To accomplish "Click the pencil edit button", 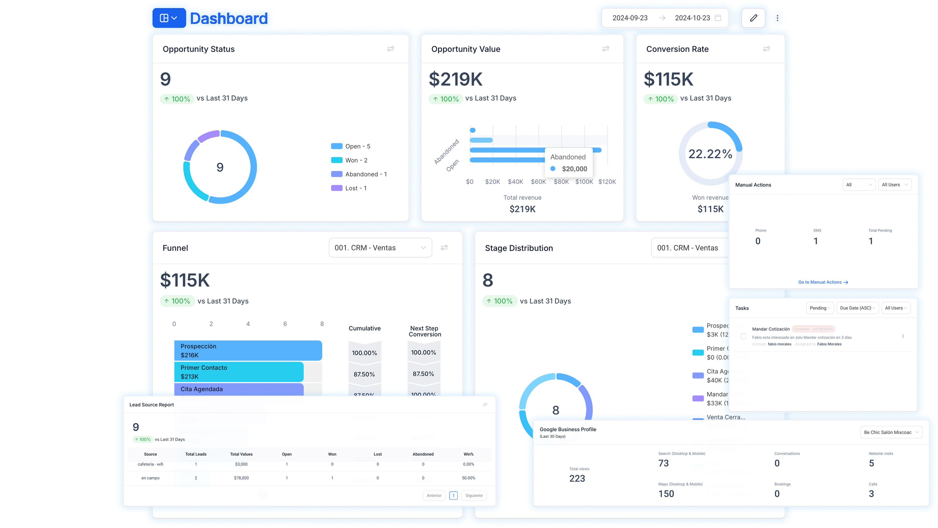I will tap(753, 18).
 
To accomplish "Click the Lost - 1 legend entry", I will tap(355, 188).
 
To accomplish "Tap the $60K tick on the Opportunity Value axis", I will tap(538, 181).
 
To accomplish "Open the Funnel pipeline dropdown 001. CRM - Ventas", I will tap(380, 248).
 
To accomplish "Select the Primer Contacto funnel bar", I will tap(238, 372).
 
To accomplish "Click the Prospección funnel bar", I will tap(248, 350).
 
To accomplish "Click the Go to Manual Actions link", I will tap(822, 282).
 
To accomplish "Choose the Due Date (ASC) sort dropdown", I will tap(857, 308).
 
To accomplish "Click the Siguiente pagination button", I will tap(473, 495).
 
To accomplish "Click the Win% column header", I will tap(468, 454).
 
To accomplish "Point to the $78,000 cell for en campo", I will tap(241, 478).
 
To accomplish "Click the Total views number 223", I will tap(577, 478).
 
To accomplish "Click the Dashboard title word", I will tap(229, 18).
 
